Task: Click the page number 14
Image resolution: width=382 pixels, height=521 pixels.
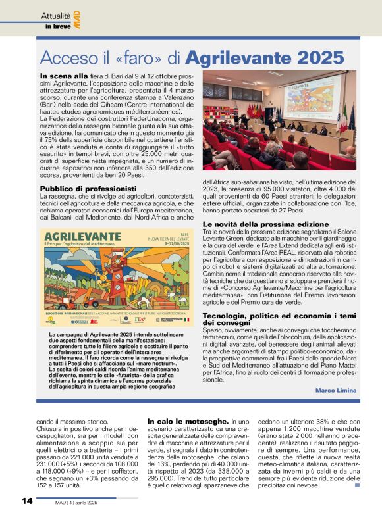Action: pos(27,501)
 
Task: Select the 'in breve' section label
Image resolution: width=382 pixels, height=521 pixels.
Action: pos(57,26)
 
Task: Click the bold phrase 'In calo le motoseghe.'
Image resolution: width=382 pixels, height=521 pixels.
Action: pos(187,420)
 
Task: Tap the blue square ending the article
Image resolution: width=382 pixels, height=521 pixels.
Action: pos(358,486)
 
